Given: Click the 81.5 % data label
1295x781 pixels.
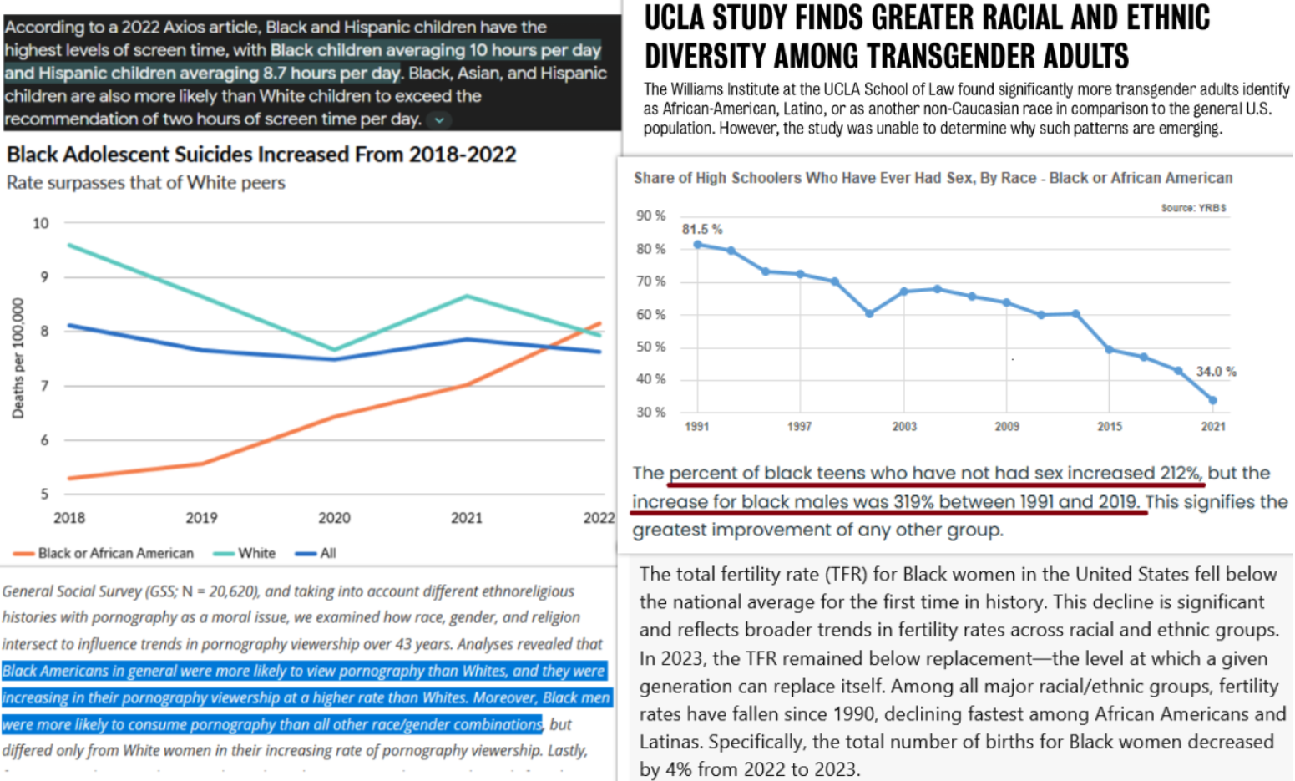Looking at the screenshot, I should [701, 229].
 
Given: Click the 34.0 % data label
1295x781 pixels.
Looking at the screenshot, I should [1215, 371].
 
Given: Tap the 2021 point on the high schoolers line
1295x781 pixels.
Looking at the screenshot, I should [1212, 400].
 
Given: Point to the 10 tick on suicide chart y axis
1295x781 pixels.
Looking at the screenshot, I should [40, 223].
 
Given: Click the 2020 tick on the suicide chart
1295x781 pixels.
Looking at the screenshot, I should [334, 518].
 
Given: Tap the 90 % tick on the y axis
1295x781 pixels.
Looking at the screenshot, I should [650, 216].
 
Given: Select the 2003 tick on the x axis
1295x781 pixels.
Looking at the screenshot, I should [903, 426].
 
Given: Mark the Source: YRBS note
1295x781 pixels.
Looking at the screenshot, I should [1193, 208].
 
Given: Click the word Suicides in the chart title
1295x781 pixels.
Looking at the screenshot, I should [210, 155].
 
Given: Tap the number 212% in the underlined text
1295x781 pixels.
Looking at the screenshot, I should [1180, 473].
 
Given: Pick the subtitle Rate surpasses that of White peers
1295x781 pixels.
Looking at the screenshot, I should [145, 182].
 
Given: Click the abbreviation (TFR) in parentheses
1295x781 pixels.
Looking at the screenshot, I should [844, 575].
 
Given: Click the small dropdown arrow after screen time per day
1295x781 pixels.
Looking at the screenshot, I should [439, 120].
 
